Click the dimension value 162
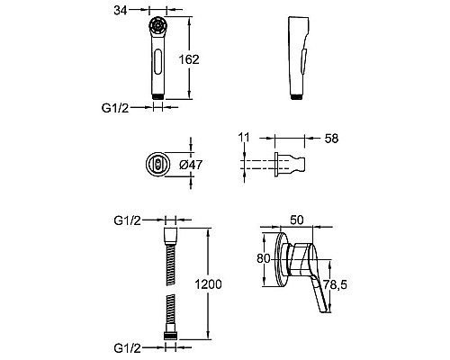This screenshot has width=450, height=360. pyautogui.click(x=189, y=59)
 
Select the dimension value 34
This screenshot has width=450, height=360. pyautogui.click(x=121, y=11)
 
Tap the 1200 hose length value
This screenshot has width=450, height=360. pyautogui.click(x=208, y=284)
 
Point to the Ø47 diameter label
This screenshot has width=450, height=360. pyautogui.click(x=191, y=165)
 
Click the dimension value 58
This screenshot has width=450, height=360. pyautogui.click(x=331, y=139)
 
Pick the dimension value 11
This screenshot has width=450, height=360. pyautogui.click(x=244, y=138)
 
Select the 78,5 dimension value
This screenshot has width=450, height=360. pyautogui.click(x=335, y=284)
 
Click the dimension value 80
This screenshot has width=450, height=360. pyautogui.click(x=264, y=258)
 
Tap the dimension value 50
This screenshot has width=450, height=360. pyautogui.click(x=297, y=220)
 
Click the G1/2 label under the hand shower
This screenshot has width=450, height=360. pyautogui.click(x=115, y=108)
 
